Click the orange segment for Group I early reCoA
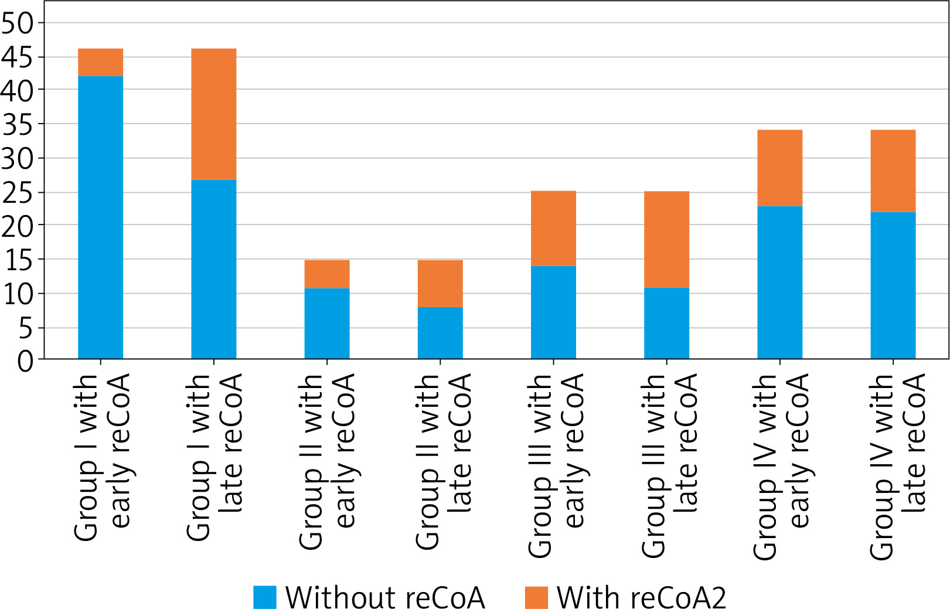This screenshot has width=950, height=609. [x=100, y=62]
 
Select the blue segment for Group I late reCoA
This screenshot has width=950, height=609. [x=214, y=269]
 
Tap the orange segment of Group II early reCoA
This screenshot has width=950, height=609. [x=327, y=274]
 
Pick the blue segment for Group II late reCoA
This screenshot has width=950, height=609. [x=440, y=332]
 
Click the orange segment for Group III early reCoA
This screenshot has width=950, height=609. [x=553, y=229]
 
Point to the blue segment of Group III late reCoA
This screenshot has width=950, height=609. [x=666, y=323]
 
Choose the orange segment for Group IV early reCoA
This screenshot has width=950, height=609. [x=779, y=168]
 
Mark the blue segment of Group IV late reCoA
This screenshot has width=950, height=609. [x=893, y=285]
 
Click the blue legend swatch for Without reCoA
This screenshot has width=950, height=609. [x=264, y=597]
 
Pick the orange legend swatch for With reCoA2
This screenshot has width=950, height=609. [x=536, y=597]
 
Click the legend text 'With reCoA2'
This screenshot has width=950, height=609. [x=641, y=597]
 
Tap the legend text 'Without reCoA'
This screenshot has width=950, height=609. [x=385, y=597]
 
